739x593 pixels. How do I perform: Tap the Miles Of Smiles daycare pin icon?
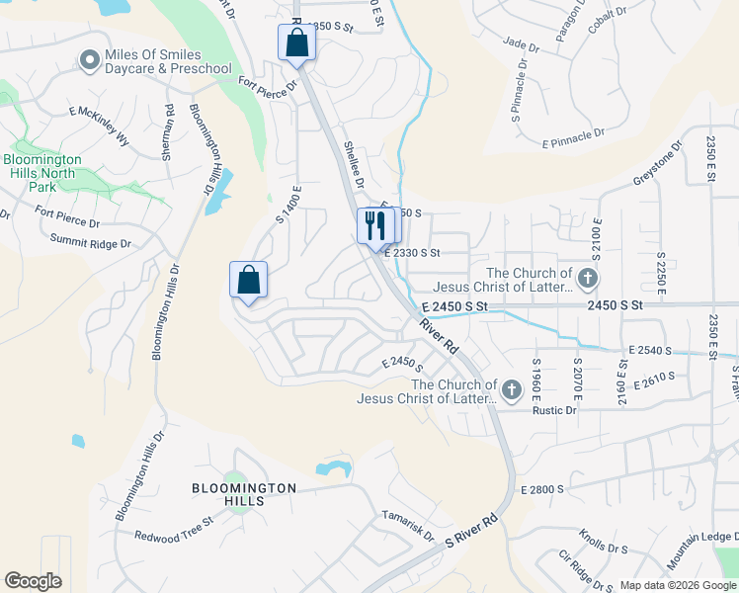coord(89,61)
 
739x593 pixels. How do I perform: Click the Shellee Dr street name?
coord(354,165)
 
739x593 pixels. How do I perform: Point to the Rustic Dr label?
coord(556,410)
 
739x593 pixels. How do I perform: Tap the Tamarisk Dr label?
coord(408,525)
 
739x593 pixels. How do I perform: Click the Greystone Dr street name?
coord(657,166)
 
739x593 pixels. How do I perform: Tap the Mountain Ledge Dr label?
coord(702,550)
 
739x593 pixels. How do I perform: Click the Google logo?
coord(33,581)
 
